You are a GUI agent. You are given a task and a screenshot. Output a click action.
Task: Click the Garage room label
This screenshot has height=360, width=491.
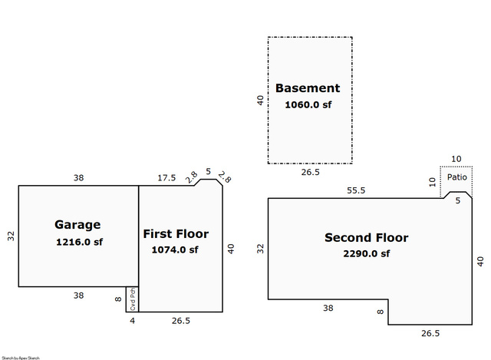[x=77, y=225]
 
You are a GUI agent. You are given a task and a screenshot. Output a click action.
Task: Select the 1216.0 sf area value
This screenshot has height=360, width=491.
[x=78, y=242]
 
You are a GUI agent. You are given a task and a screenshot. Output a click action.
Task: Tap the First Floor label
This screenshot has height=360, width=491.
[x=176, y=233]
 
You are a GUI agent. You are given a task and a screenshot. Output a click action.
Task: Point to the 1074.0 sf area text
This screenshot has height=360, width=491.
[x=176, y=249]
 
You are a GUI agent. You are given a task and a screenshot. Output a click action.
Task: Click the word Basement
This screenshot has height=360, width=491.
[x=308, y=88]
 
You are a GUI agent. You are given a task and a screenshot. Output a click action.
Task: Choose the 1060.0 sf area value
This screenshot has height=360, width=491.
[x=308, y=104]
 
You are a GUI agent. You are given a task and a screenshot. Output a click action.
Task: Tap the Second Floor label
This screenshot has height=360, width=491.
[x=367, y=237]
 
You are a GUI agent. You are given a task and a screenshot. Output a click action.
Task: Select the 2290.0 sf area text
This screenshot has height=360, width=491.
[x=367, y=254]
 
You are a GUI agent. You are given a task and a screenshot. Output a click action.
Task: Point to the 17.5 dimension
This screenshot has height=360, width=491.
[x=167, y=178]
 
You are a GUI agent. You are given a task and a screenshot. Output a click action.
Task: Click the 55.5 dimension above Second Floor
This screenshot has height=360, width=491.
[x=355, y=190]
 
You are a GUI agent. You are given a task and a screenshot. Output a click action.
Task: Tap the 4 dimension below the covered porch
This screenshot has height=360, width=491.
[x=131, y=320]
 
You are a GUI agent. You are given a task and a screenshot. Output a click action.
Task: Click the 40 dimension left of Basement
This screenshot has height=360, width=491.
[x=261, y=100]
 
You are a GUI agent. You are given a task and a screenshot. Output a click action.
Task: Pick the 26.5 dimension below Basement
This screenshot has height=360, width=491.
[x=311, y=173]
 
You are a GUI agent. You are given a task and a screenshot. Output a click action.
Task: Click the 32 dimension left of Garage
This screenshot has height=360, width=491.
[x=11, y=236]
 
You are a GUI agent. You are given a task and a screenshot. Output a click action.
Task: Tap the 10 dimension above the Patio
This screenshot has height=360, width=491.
[x=456, y=159]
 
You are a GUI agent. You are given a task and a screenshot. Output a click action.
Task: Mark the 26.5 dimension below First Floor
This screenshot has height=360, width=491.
[x=181, y=320]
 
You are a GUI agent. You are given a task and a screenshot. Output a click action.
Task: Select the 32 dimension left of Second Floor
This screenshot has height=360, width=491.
[x=261, y=249]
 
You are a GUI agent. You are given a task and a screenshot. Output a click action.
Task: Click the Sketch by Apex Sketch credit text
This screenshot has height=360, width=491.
[x=21, y=357]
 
